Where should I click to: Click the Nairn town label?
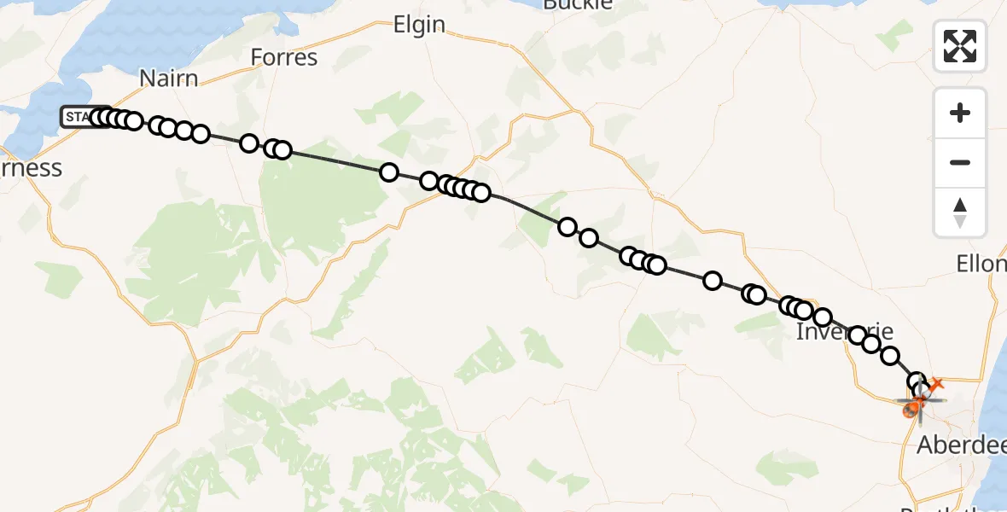pos(168,79)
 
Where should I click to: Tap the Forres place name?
pos(284,58)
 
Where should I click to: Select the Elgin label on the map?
pos(419,26)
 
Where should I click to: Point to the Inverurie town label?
pos(844,331)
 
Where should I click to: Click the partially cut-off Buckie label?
pos(578,4)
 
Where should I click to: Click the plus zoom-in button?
pos(960,113)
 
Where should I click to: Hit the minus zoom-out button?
pos(960,162)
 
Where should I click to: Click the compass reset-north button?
pos(960,212)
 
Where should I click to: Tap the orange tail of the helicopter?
pos(935,385)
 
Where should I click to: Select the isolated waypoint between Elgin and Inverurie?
pos(712,281)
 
